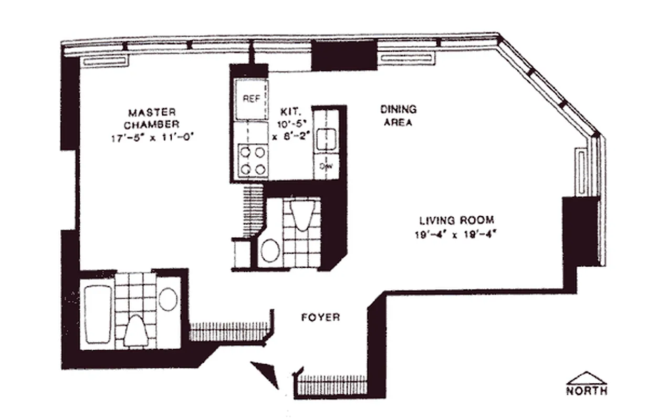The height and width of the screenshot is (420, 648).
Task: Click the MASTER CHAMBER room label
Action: [152, 118]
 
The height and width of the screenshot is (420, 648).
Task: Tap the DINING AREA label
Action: [398, 116]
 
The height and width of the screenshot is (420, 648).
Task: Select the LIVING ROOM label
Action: [456, 220]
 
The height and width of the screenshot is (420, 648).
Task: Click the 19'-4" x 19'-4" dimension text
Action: [455, 235]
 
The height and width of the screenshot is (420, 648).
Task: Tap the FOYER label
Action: [320, 318]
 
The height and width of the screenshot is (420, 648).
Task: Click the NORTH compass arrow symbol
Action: [587, 379]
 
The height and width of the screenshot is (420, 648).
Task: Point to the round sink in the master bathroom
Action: [168, 299]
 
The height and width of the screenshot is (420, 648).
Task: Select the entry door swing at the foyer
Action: [267, 373]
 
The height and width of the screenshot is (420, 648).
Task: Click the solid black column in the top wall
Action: [344, 56]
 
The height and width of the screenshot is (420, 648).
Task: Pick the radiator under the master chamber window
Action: [104, 61]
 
